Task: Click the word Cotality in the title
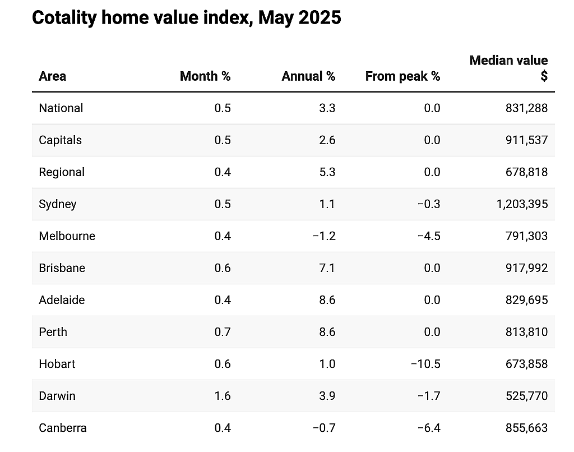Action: click(x=64, y=17)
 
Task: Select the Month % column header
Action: click(x=205, y=76)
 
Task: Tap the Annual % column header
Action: click(x=309, y=76)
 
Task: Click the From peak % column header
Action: click(x=402, y=76)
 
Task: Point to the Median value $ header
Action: click(x=509, y=68)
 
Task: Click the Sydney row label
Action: click(x=58, y=204)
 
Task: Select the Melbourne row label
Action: click(x=67, y=236)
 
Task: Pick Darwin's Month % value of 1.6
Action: click(x=223, y=396)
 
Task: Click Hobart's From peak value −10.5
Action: click(x=425, y=364)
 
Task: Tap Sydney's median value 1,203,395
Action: click(x=522, y=204)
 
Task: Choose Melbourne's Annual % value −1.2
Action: click(x=324, y=236)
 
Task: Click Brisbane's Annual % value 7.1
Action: click(x=327, y=267)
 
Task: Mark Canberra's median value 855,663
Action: click(x=527, y=428)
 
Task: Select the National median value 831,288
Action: click(x=527, y=108)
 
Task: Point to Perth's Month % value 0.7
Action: click(x=223, y=332)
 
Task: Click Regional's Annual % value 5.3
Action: click(x=327, y=172)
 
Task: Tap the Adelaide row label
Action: click(x=62, y=300)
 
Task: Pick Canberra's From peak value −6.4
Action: click(x=429, y=428)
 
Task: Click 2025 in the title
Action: click(x=320, y=17)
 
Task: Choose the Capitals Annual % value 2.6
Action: click(x=327, y=140)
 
